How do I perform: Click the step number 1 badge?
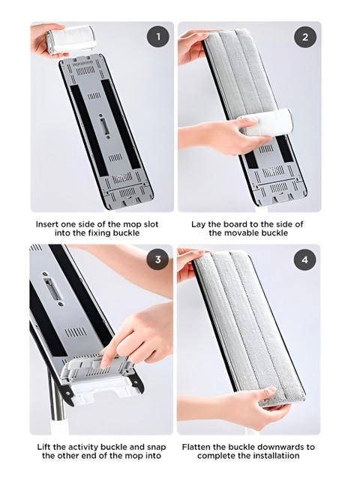158,37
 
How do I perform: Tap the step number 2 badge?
305,37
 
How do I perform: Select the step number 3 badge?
157,259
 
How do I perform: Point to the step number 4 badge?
305,259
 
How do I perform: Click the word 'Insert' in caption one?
46,224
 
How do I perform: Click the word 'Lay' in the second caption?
198,224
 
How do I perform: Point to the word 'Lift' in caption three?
44,447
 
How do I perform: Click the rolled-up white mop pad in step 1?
71,40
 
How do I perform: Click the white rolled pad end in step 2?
267,122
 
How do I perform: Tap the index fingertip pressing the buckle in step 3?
104,364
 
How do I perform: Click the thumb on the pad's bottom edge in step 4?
270,391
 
